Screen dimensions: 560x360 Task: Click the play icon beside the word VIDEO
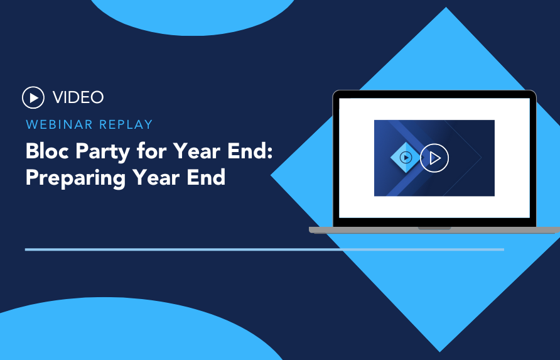pos(33,97)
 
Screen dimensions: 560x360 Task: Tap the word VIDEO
pos(78,97)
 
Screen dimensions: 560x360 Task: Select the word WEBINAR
pos(59,124)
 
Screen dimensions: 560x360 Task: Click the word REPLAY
pos(126,124)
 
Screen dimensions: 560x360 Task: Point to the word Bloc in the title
pos(48,151)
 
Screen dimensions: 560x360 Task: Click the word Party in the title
pos(103,153)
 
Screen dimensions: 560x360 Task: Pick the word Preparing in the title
pos(75,178)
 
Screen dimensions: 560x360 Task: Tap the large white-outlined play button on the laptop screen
pos(434,158)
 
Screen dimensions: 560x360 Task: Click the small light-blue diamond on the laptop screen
pos(406,157)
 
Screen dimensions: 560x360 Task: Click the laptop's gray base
pos(434,230)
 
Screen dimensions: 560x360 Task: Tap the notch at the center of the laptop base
pos(434,228)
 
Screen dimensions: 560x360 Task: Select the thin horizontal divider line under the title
pos(264,249)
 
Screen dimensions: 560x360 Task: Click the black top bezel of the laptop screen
pos(434,94)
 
